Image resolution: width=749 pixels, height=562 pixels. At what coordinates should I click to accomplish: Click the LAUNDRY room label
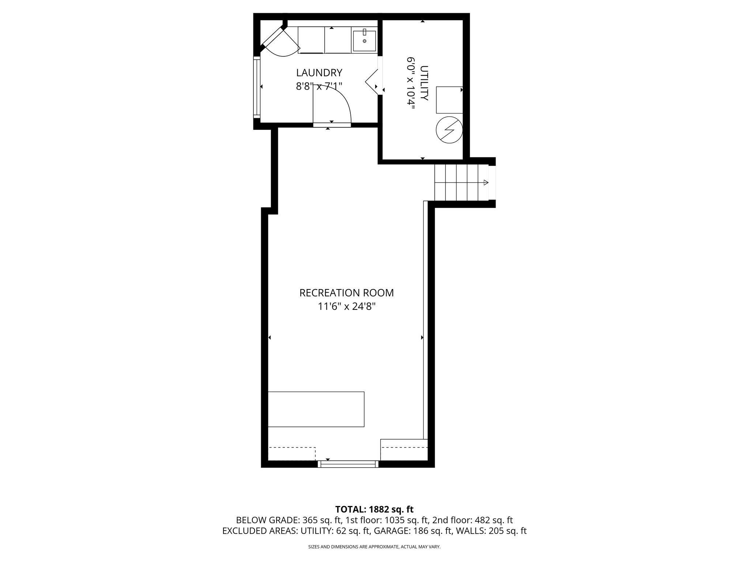(x=319, y=73)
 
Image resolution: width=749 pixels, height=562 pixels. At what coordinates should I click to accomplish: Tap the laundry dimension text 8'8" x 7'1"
(x=319, y=87)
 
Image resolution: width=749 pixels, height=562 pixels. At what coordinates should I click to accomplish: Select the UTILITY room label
(x=424, y=83)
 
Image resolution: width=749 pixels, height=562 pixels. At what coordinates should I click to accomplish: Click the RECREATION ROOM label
(x=346, y=293)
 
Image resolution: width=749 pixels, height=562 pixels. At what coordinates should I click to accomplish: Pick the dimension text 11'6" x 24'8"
(x=346, y=307)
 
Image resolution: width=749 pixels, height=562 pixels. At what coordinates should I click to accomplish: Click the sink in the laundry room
(x=364, y=41)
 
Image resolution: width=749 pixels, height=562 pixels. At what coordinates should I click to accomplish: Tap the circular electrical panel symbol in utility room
(x=449, y=130)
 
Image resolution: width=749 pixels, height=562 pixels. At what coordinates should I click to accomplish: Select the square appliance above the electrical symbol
(x=449, y=100)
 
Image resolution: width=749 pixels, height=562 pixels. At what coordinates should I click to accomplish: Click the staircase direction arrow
(x=485, y=183)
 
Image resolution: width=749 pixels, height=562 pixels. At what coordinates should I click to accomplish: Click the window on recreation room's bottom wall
(x=348, y=464)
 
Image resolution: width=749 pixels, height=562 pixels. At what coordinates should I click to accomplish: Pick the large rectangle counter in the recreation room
(x=316, y=409)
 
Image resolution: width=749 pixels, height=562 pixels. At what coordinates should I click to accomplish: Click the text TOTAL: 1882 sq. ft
(x=374, y=509)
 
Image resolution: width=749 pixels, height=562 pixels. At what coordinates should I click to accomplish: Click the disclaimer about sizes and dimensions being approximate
(x=374, y=547)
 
